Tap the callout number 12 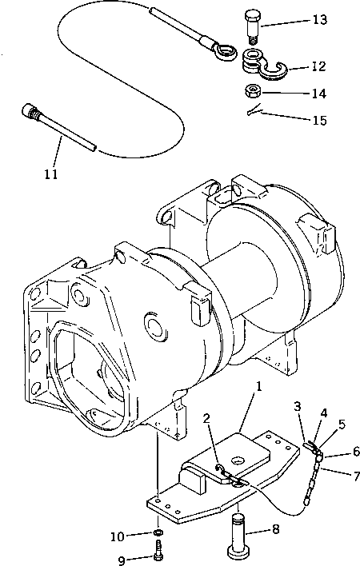[318, 67]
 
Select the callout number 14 [318, 93]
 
